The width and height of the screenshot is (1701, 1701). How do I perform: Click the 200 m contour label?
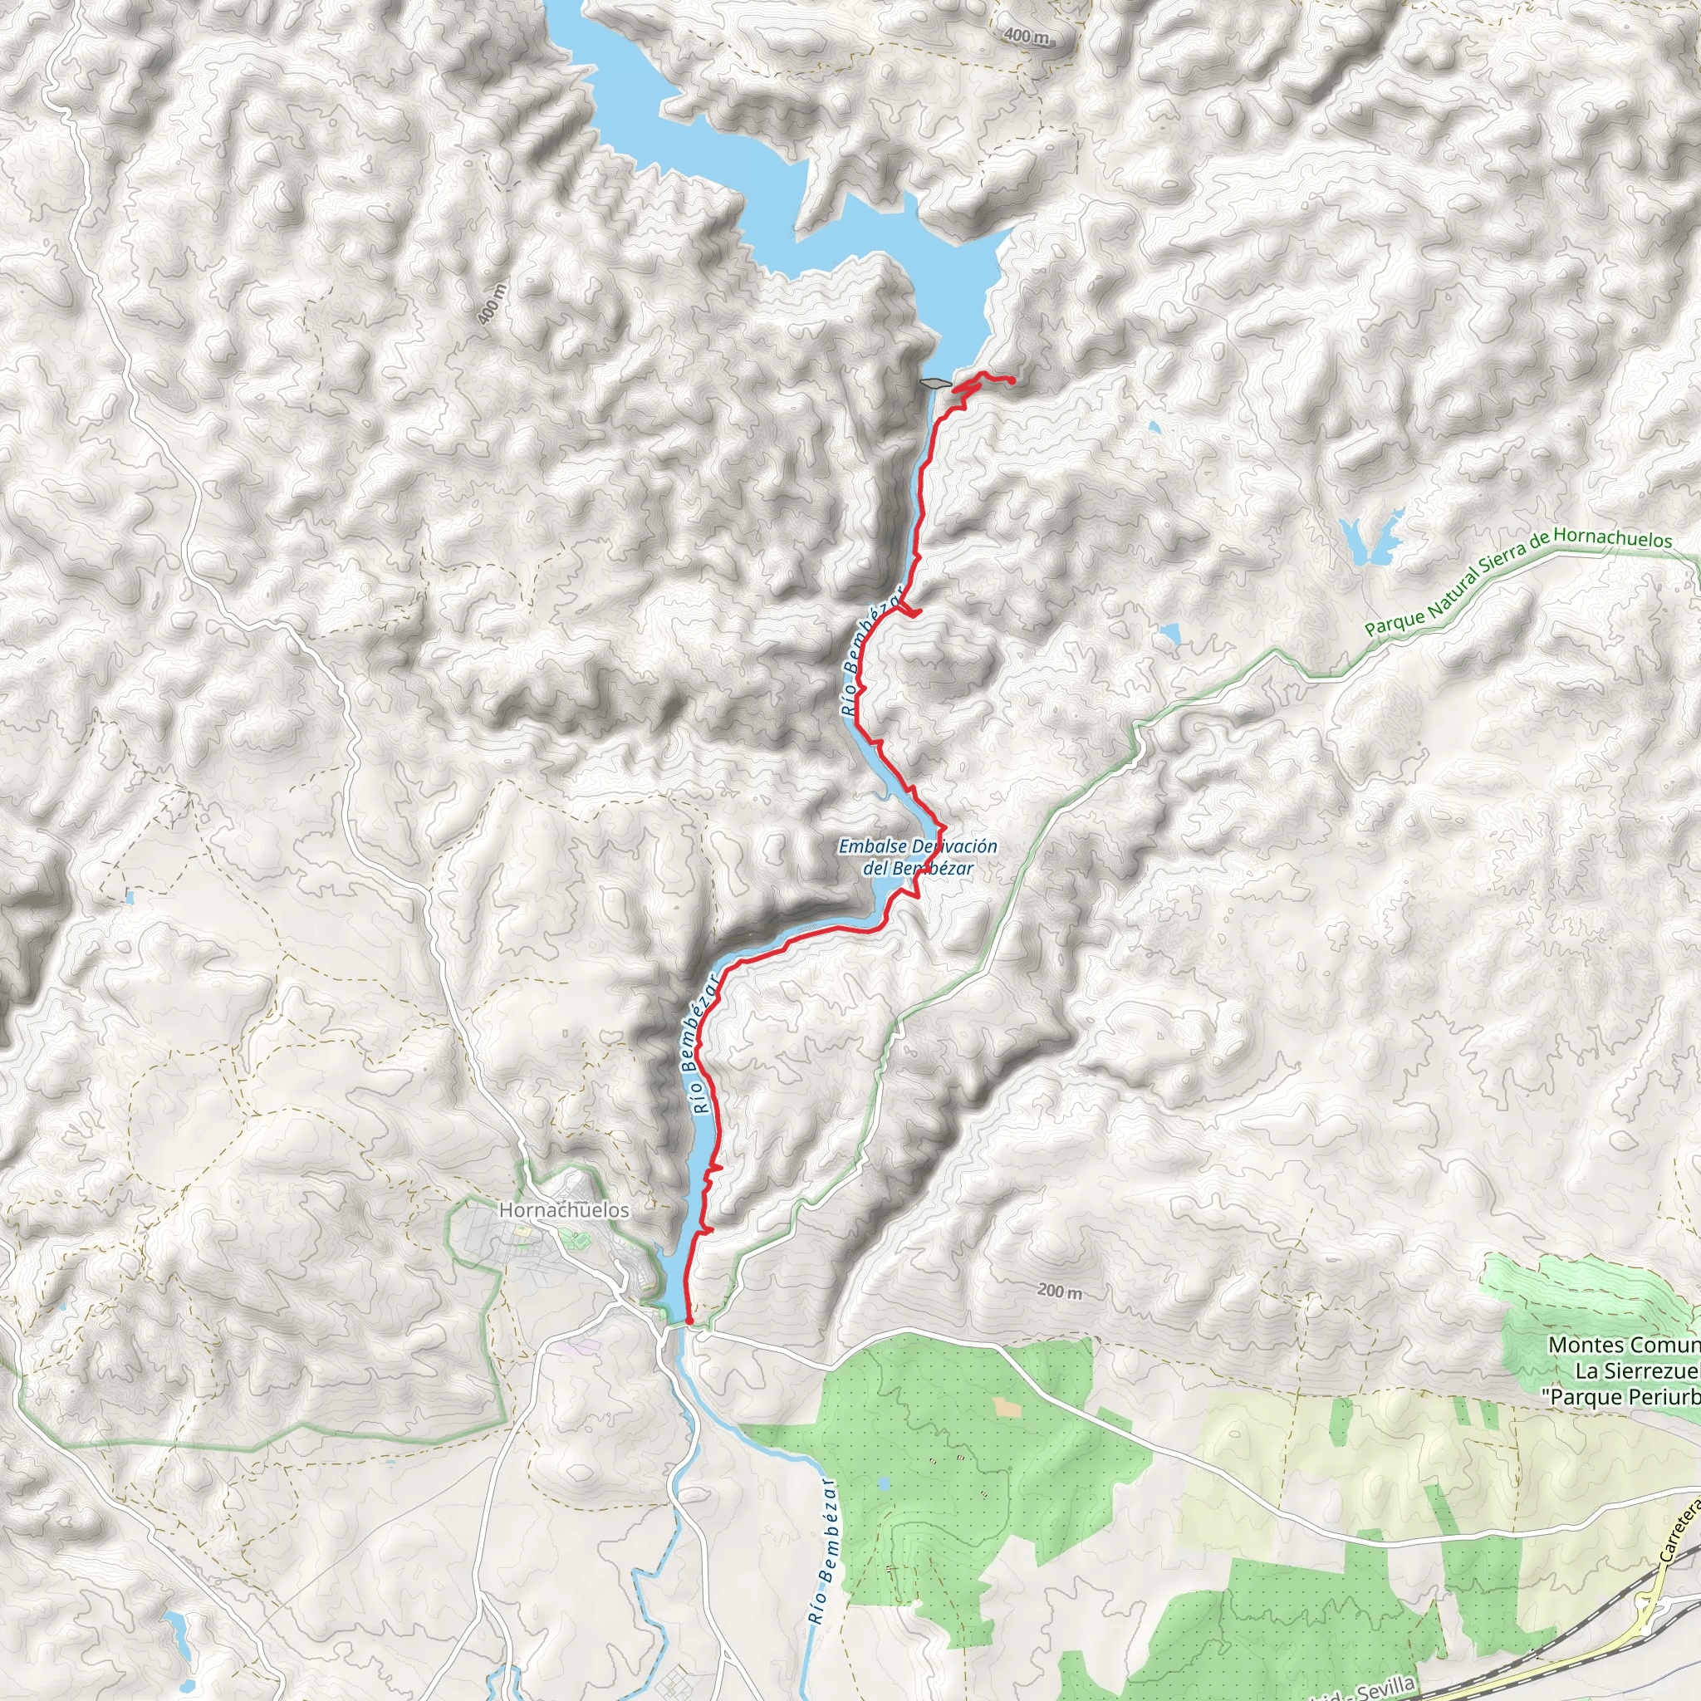coord(1059,1292)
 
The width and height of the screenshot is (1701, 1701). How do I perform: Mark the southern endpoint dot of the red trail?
coord(688,1321)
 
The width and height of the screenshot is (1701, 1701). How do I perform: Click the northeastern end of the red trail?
coord(1012,380)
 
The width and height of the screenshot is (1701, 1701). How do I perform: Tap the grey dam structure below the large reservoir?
coord(934,383)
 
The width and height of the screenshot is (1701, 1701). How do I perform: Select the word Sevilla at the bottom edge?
coord(1384,1689)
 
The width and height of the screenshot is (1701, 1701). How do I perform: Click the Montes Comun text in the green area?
coord(1623,1346)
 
